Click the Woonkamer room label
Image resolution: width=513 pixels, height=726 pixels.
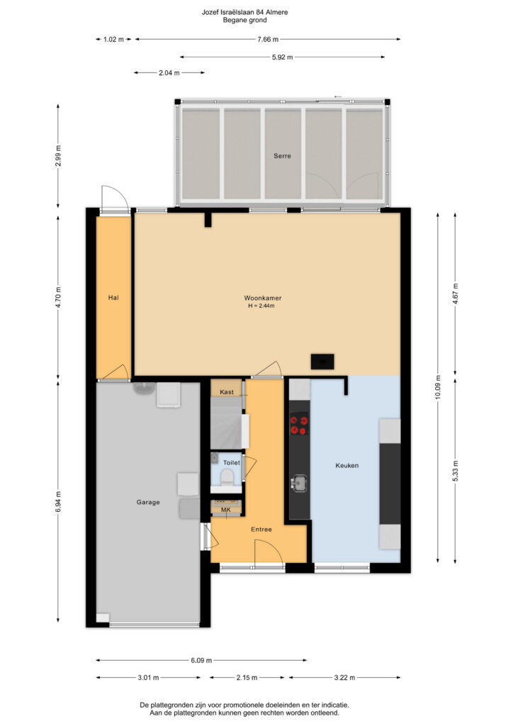[x=262, y=298]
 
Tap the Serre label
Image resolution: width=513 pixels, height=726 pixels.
[x=282, y=156]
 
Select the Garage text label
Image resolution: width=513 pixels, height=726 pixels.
[x=148, y=502]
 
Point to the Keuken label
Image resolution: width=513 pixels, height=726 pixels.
[x=347, y=465]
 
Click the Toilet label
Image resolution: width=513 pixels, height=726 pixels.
[x=231, y=462]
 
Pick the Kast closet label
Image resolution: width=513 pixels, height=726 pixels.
[x=227, y=392]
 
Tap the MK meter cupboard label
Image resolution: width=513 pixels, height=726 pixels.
[x=226, y=510]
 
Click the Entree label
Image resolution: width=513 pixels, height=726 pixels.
[x=261, y=529]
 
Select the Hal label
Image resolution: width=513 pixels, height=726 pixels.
[x=113, y=298]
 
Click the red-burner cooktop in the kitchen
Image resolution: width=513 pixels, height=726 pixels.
[x=299, y=425]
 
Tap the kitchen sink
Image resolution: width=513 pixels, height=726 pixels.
[x=299, y=484]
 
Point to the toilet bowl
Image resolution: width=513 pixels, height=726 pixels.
[x=227, y=476]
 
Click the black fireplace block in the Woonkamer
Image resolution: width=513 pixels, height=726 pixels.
[x=322, y=361]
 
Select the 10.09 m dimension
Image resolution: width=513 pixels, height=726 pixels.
[x=438, y=387]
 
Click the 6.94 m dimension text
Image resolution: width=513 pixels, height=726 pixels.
[x=58, y=501]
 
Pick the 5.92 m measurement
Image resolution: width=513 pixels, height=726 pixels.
[x=282, y=57]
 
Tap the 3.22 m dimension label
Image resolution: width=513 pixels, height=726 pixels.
[x=344, y=677]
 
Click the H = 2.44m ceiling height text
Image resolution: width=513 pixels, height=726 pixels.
[x=261, y=306]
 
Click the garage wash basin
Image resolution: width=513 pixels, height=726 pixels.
[x=145, y=388]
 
